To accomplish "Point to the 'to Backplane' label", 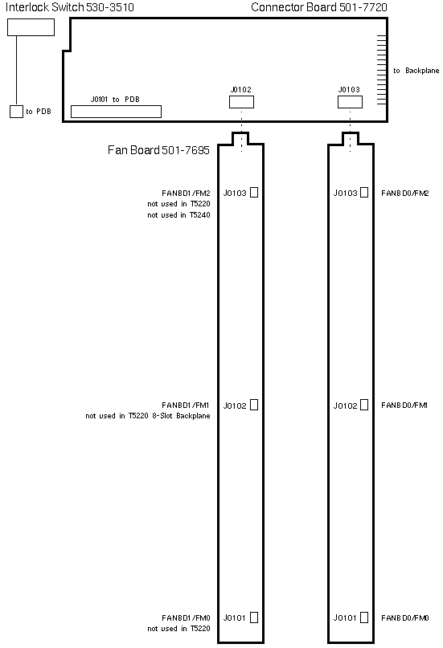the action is (416, 71).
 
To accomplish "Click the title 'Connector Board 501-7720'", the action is (319, 7).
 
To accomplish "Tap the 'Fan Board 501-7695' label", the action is (158, 150).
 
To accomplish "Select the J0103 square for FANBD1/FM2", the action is (254, 193).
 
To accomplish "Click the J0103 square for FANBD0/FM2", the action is (364, 193).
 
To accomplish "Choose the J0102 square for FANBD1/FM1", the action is (254, 405).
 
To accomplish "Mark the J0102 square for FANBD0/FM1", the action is (364, 405).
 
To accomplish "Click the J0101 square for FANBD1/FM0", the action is (254, 617).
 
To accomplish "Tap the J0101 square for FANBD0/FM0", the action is (364, 617).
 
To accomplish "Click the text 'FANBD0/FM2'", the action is (405, 194).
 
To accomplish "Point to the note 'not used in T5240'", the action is (178, 215).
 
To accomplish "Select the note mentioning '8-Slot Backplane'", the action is (148, 416).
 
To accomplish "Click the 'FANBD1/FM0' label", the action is (186, 617).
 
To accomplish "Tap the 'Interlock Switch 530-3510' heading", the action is (69, 7).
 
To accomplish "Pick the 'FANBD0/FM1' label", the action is (404, 406).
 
